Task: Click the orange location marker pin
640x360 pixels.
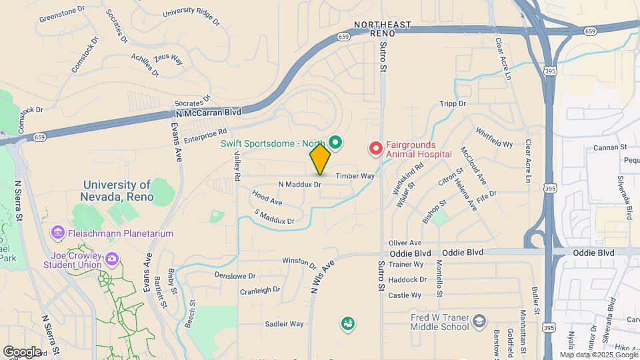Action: point(320,159)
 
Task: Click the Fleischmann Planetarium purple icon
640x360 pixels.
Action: point(58,233)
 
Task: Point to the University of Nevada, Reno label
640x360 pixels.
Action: point(119,191)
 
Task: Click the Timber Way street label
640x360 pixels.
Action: point(355,175)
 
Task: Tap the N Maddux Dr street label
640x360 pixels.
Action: point(300,184)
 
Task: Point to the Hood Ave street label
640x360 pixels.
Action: point(267,198)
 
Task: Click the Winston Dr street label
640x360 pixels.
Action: point(297,261)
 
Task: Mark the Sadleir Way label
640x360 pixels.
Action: point(284,324)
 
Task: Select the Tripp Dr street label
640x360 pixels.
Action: point(453,104)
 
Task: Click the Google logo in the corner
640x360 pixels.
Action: point(22,351)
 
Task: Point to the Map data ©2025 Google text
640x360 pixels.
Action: point(598,355)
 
